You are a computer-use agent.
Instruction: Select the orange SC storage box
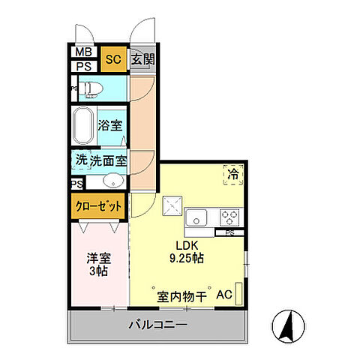click(113, 59)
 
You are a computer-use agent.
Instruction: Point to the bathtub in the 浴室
click(84, 124)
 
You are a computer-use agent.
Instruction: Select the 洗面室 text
click(109, 160)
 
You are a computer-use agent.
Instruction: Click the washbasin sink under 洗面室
click(112, 181)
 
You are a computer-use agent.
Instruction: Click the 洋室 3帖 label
click(97, 263)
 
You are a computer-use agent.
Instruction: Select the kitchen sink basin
click(198, 218)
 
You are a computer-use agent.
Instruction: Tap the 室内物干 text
click(181, 296)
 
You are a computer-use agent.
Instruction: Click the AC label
click(223, 296)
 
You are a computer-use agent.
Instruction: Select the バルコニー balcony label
click(157, 325)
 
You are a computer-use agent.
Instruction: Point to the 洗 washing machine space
click(81, 160)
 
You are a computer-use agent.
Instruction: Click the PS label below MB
click(84, 66)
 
